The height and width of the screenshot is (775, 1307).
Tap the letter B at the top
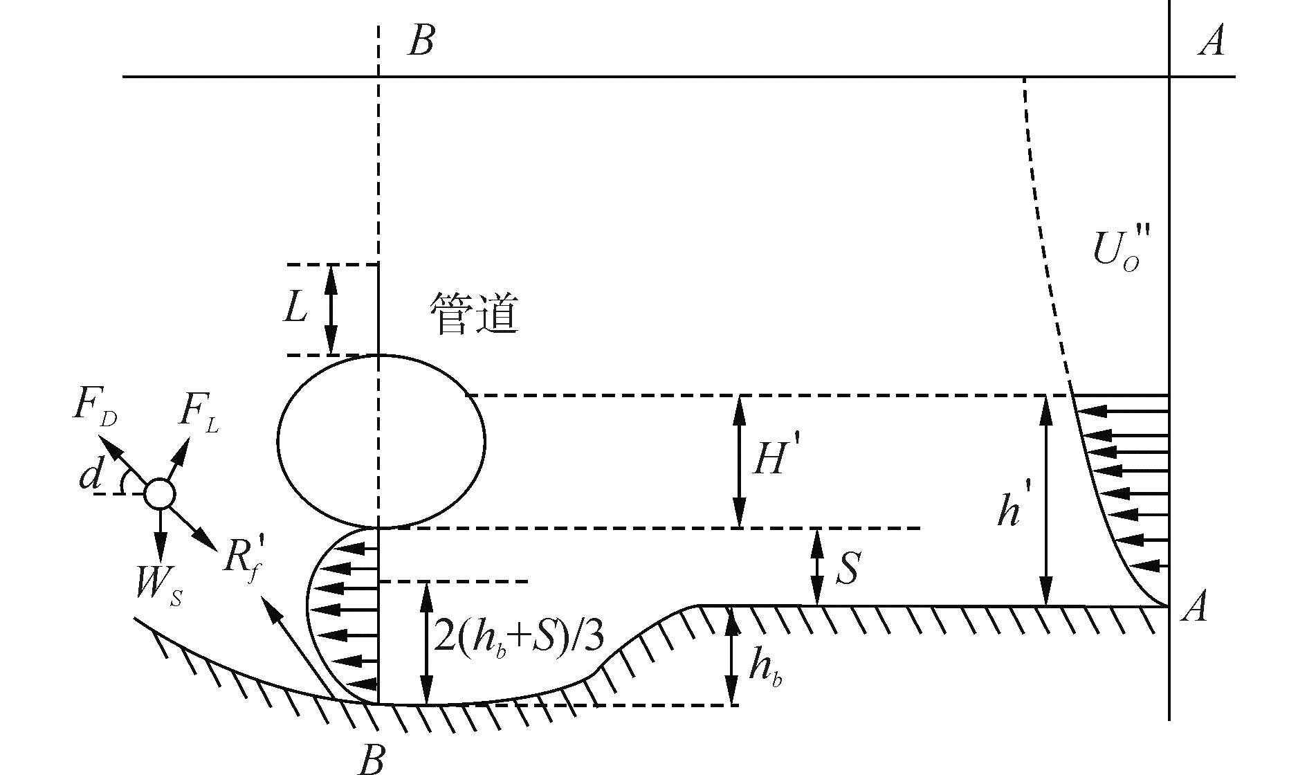pos(421,42)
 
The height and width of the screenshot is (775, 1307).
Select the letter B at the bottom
pos(372,760)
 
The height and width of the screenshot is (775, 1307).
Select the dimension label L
pos(295,309)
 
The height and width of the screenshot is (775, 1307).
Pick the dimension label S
pos(847,569)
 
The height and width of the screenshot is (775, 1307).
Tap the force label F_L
pos(199,414)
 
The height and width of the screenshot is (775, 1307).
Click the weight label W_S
pos(159,588)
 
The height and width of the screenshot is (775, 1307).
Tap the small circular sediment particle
pos(160,494)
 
